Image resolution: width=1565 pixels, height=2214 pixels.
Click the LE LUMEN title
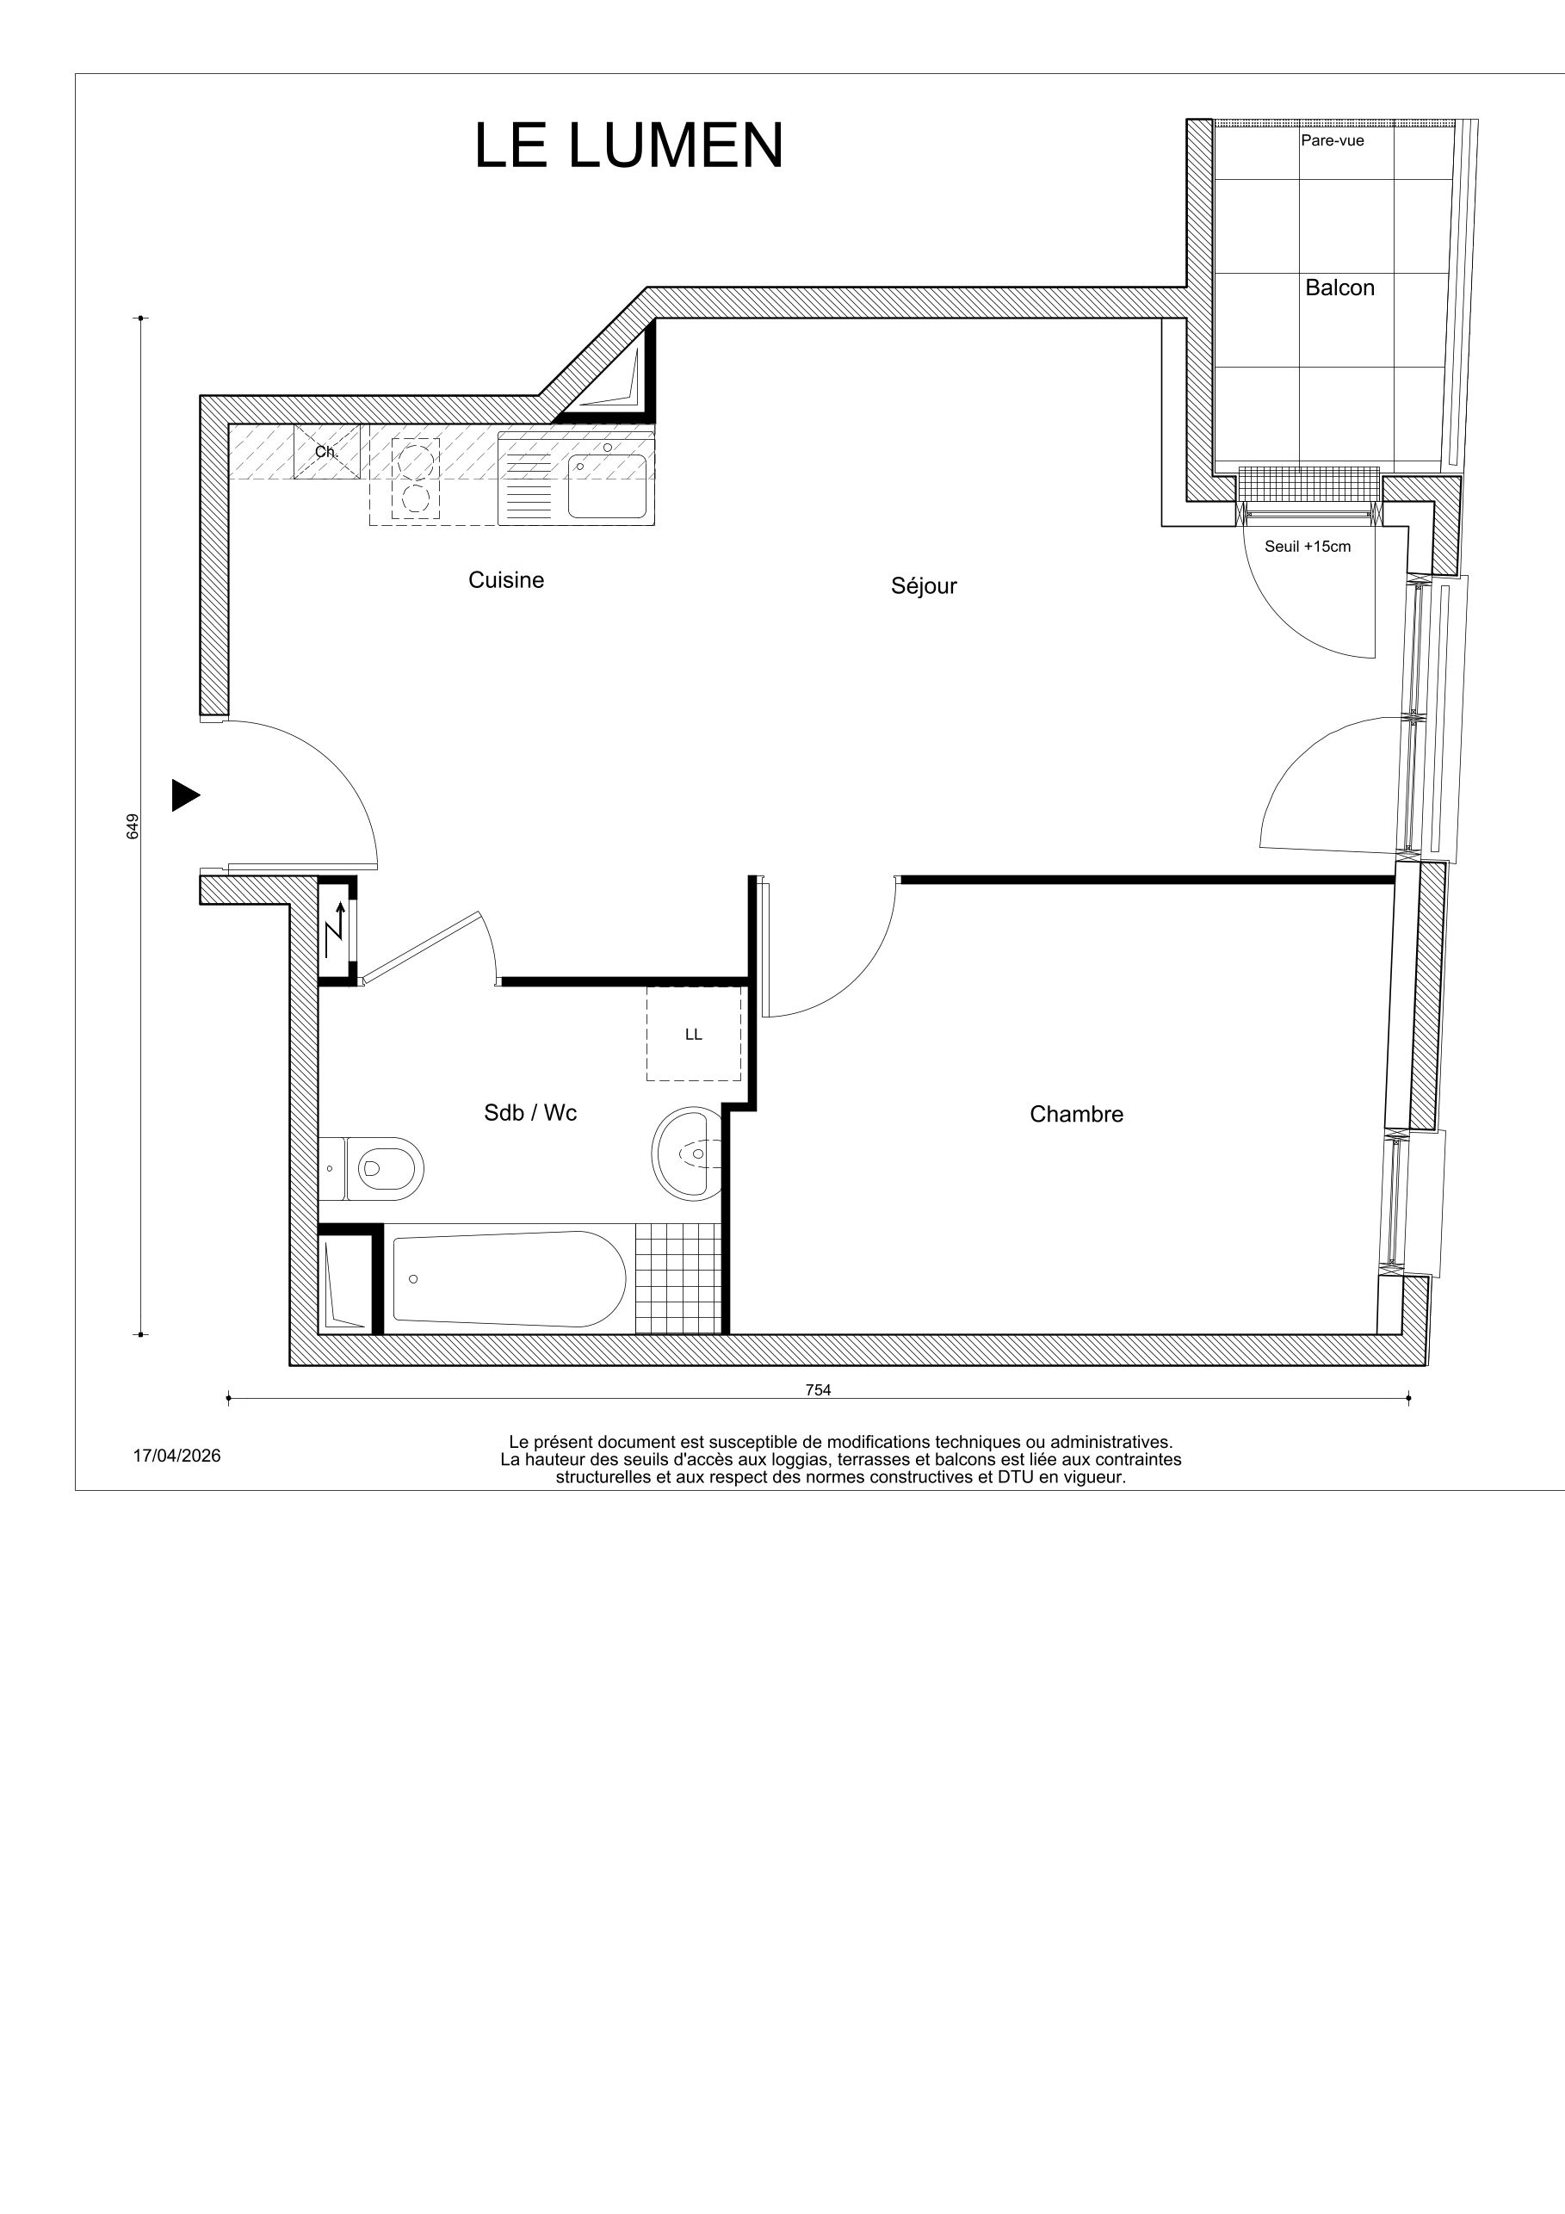[x=628, y=146]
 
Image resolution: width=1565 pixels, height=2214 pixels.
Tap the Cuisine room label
[x=506, y=579]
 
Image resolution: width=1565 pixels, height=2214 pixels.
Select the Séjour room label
[x=924, y=585]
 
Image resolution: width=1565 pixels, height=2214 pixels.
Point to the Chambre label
[x=1076, y=1114]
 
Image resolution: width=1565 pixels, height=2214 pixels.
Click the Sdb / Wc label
[x=530, y=1113]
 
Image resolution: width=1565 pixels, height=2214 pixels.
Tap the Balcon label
[x=1339, y=288]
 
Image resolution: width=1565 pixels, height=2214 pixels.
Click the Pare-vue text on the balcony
[x=1332, y=141]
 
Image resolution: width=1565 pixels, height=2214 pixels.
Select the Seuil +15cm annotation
[x=1308, y=547]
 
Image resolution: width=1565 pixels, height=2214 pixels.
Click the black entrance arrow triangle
[x=184, y=795]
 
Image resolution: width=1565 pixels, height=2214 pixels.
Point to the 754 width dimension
[x=818, y=1389]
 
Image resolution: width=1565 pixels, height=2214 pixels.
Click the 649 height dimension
[x=133, y=826]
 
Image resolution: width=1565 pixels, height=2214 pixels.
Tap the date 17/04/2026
[x=176, y=1456]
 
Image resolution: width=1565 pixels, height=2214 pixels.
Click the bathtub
[x=508, y=1278]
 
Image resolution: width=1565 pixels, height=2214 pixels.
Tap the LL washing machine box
[x=693, y=1035]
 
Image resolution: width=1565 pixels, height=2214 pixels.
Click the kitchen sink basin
[x=607, y=487]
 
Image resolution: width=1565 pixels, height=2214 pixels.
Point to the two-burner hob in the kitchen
[x=416, y=479]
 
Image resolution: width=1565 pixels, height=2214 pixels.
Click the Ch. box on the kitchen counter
[x=327, y=451]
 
